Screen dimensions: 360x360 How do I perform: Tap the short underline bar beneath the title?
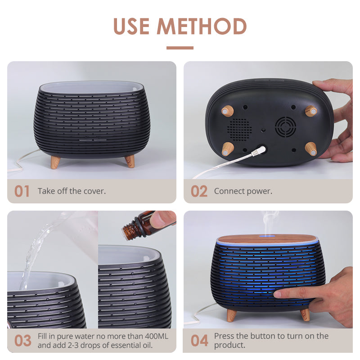pyautogui.click(x=180, y=48)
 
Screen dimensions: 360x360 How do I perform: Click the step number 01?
pyautogui.click(x=22, y=191)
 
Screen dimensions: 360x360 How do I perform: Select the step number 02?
pyautogui.click(x=199, y=191)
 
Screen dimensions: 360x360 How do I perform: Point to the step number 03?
pyautogui.click(x=22, y=341)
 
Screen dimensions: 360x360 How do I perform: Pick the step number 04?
pyautogui.click(x=199, y=341)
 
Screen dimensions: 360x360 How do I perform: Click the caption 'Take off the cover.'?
pyautogui.click(x=72, y=191)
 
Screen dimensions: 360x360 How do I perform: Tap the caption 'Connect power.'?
pyautogui.click(x=243, y=191)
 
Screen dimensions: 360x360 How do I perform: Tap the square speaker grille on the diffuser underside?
pyautogui.click(x=239, y=128)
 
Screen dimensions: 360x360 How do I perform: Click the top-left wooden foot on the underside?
pyautogui.click(x=228, y=111)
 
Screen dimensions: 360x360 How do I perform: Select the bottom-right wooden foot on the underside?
pyautogui.click(x=310, y=148)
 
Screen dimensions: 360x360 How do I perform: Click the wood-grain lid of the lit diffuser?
pyautogui.click(x=268, y=238)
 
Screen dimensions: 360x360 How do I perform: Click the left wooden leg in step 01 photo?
pyautogui.click(x=55, y=162)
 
